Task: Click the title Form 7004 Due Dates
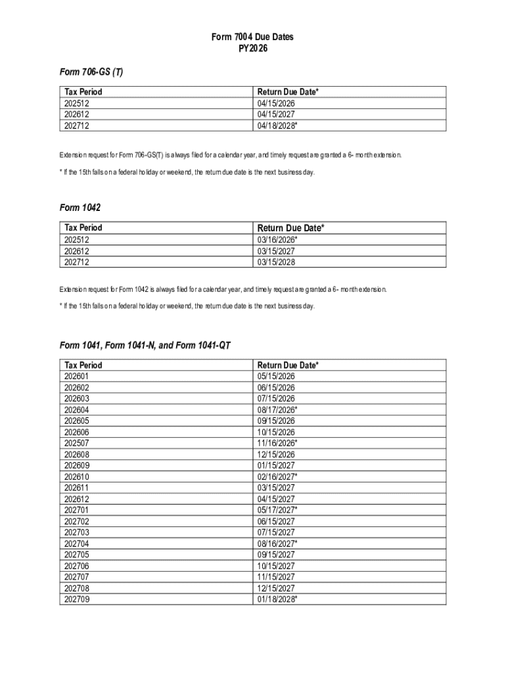pyautogui.click(x=252, y=37)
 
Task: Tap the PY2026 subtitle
pyautogui.click(x=252, y=49)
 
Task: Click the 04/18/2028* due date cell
pyautogui.click(x=277, y=126)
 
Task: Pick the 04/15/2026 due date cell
pyautogui.click(x=276, y=103)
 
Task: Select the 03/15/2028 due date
pyautogui.click(x=276, y=262)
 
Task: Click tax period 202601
pyautogui.click(x=76, y=377)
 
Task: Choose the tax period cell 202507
pyautogui.click(x=76, y=443)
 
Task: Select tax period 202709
pyautogui.click(x=76, y=599)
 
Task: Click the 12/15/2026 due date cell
pyautogui.click(x=276, y=454)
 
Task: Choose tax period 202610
pyautogui.click(x=76, y=476)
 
